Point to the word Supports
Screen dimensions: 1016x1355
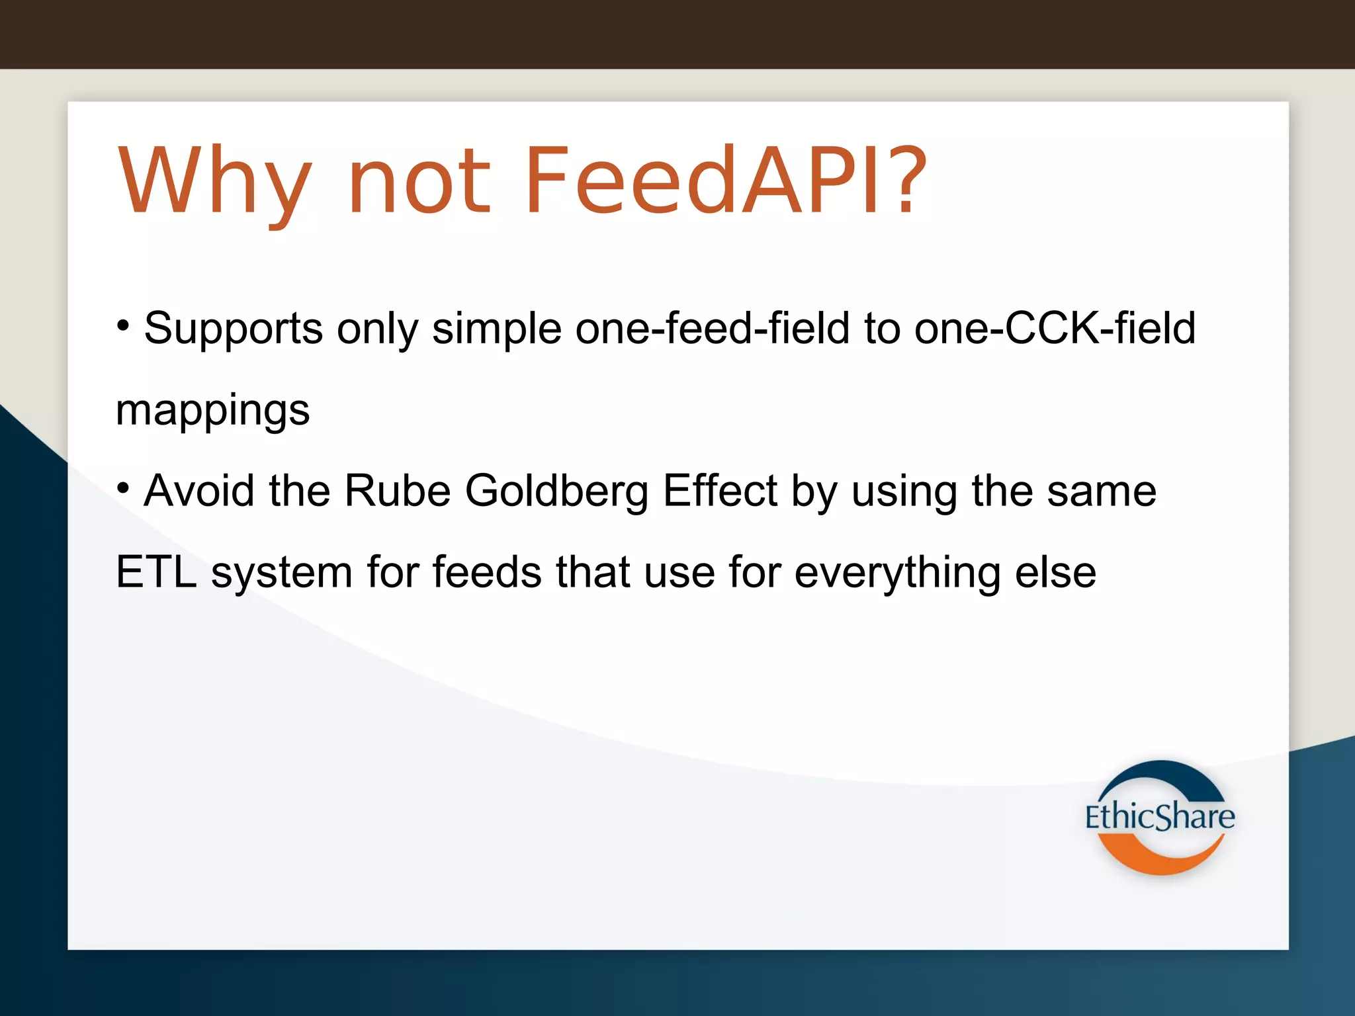[233, 329]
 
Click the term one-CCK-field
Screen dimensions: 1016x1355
[1055, 329]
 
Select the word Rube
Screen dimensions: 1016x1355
[397, 491]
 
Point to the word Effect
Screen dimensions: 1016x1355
[720, 491]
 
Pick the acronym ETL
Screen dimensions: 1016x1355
[156, 572]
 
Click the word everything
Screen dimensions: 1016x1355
[897, 573]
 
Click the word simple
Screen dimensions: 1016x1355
[496, 329]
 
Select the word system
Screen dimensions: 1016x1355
[281, 573]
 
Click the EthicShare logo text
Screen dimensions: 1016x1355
[1159, 817]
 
